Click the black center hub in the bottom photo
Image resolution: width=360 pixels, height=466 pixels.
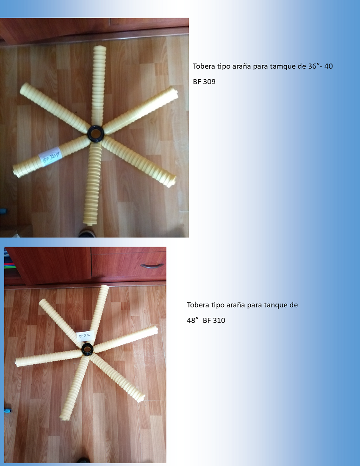(x=87, y=348)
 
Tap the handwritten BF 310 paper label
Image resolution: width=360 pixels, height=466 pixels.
(x=85, y=336)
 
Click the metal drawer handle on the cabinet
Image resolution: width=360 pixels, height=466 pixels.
(x=152, y=266)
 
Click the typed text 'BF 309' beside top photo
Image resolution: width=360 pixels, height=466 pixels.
(x=204, y=82)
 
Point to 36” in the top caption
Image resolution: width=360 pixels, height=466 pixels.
(x=313, y=66)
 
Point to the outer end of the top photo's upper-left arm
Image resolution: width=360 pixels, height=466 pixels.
(x=23, y=88)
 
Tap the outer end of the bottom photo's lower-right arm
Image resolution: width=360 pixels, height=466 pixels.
(x=141, y=398)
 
